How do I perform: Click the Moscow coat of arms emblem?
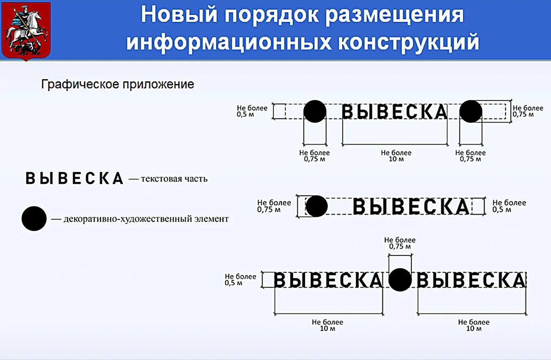[26, 30]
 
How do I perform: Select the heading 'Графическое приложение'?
[118, 85]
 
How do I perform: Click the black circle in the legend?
[34, 219]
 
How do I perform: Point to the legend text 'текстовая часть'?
[174, 179]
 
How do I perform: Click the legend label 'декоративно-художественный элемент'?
[146, 219]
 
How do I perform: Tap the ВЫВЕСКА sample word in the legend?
[74, 178]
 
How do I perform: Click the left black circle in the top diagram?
[315, 111]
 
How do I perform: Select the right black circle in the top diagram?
[470, 111]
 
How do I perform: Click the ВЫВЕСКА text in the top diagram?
[394, 112]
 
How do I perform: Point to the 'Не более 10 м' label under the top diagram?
[396, 156]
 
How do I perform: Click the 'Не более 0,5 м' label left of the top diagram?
[252, 111]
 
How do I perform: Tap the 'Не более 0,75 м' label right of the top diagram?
[528, 111]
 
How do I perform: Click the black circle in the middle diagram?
[316, 206]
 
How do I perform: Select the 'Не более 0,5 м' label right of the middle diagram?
[509, 206]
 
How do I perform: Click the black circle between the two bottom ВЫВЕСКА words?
[400, 280]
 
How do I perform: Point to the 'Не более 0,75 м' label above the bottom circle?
[400, 243]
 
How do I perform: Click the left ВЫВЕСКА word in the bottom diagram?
[328, 280]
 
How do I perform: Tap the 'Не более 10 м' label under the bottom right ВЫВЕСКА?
[473, 325]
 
